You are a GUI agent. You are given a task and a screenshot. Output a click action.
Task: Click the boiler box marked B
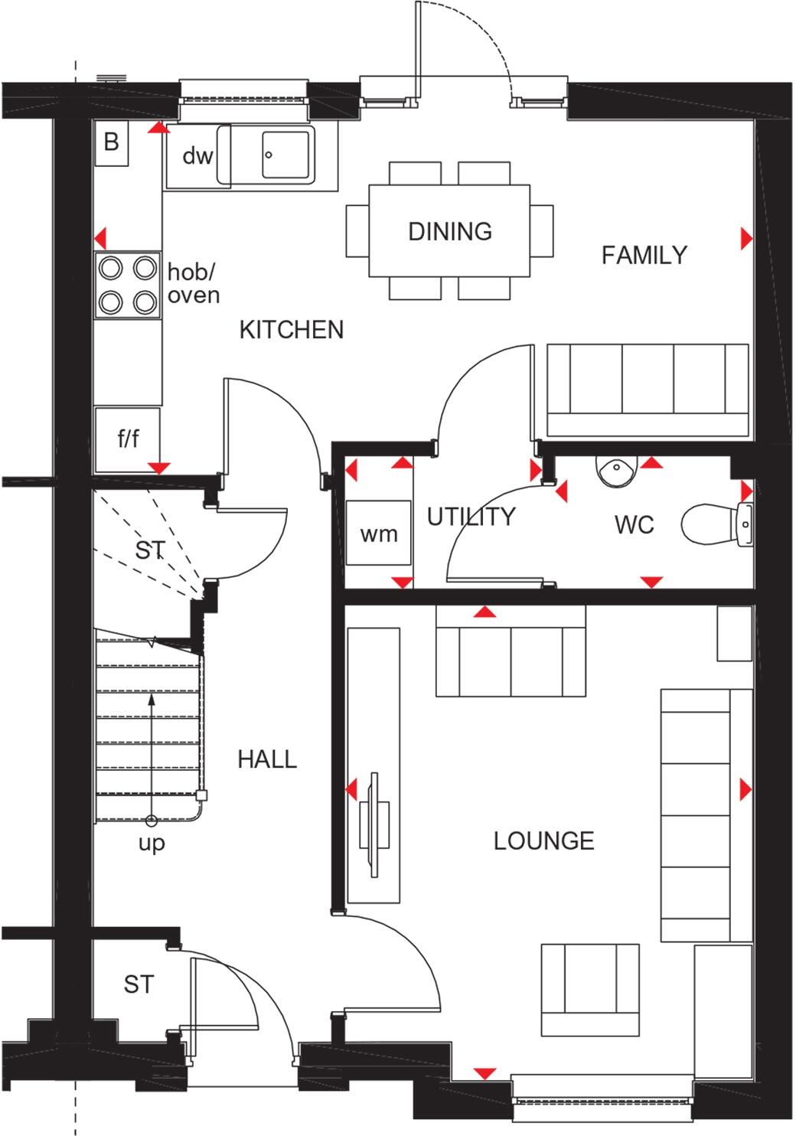[x=112, y=142]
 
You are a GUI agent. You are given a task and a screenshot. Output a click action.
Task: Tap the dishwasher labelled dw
[x=197, y=155]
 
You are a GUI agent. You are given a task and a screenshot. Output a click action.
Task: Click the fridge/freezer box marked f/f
[x=128, y=439]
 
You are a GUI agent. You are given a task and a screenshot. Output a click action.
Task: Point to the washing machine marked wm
[x=378, y=533]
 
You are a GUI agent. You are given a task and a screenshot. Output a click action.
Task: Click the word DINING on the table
[x=450, y=231]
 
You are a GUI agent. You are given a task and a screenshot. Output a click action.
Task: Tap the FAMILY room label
[x=644, y=255]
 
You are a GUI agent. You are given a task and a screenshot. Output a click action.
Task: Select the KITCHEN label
[x=292, y=330]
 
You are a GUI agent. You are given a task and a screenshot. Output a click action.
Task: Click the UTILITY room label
[x=471, y=517]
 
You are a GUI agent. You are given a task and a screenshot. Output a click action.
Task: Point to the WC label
[x=635, y=525]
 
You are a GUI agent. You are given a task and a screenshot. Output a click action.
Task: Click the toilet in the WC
[x=716, y=524]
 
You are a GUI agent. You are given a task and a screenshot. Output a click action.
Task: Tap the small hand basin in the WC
[x=617, y=471]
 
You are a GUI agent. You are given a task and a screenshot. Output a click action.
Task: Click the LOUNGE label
[x=544, y=841]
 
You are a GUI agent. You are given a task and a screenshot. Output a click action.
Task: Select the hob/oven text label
[x=194, y=284]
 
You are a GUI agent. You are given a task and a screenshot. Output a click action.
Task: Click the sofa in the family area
[x=648, y=390]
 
